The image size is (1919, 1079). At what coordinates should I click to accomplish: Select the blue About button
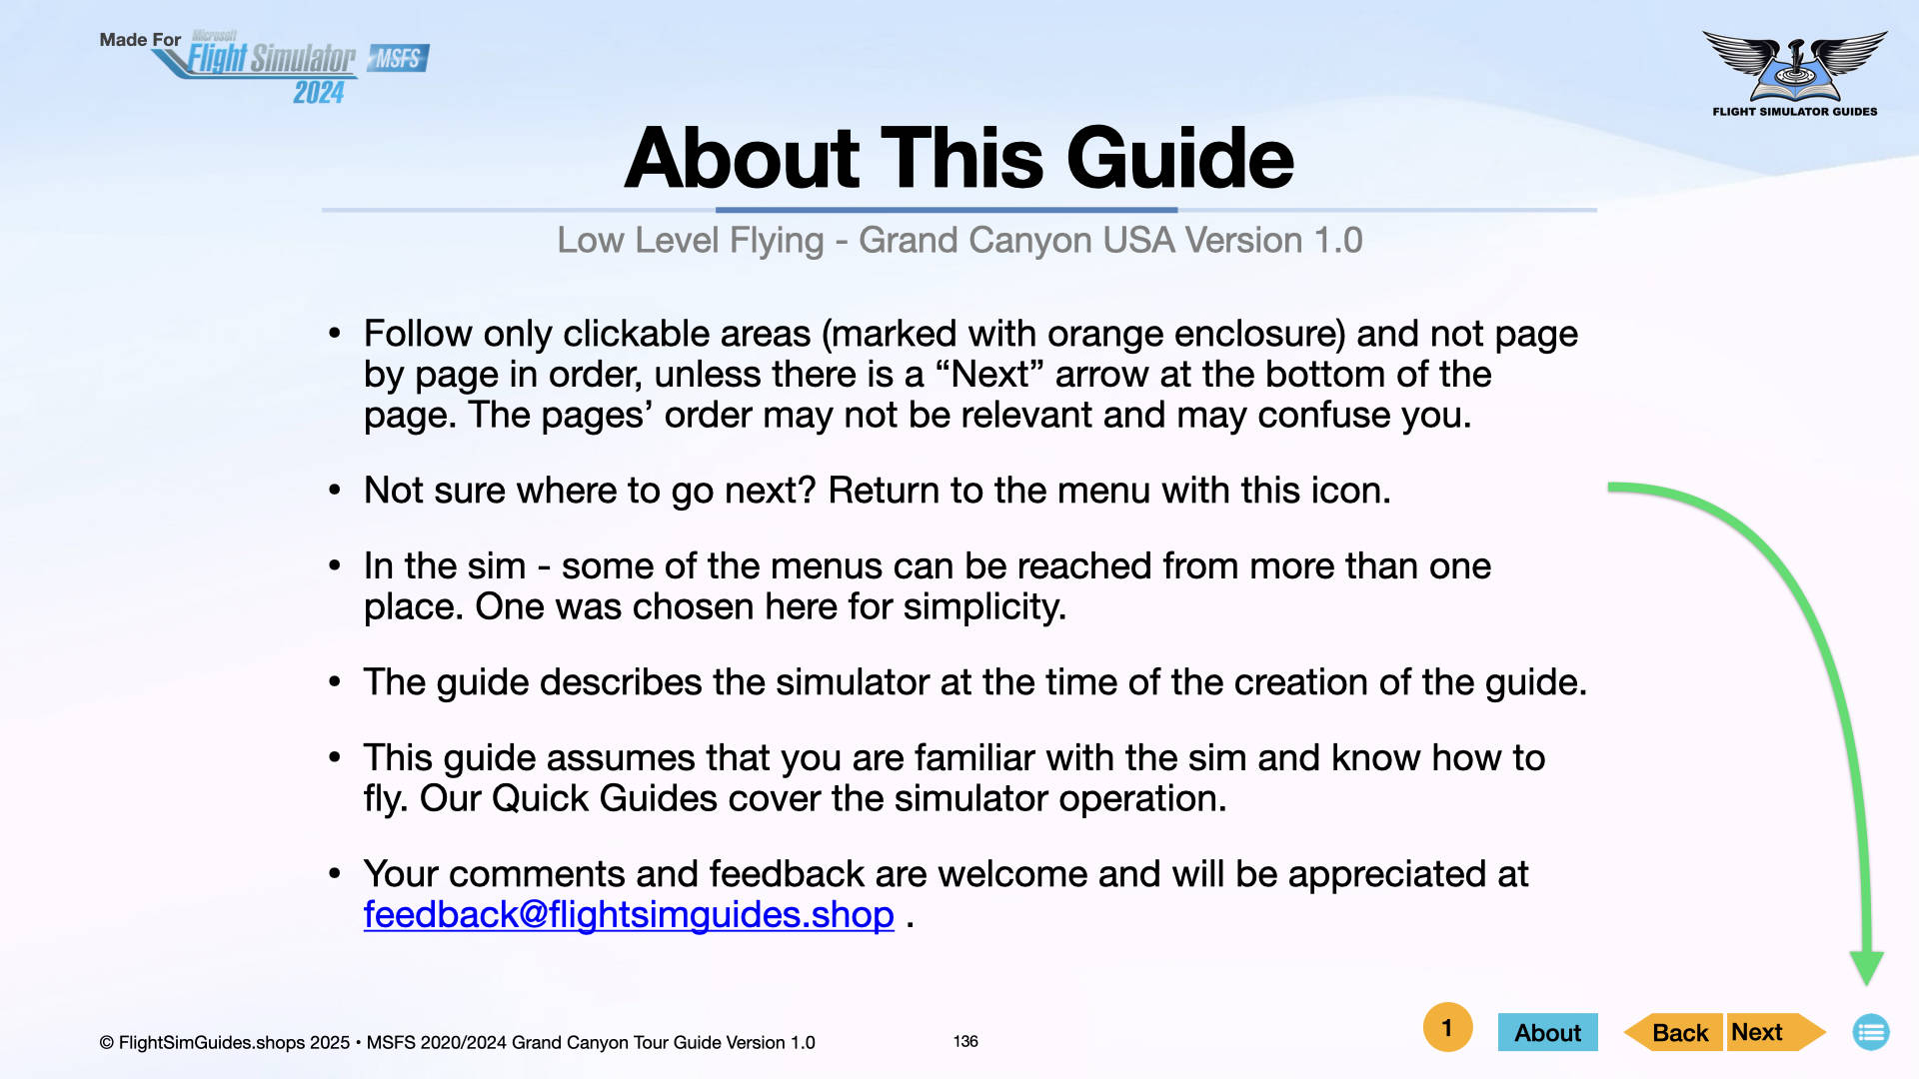[x=1547, y=1032]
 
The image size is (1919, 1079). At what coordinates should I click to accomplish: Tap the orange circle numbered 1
[x=1447, y=1027]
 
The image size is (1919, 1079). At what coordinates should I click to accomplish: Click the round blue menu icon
[x=1871, y=1032]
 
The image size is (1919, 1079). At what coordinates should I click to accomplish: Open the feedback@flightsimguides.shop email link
[x=629, y=915]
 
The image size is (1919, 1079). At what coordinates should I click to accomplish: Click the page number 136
[x=965, y=1041]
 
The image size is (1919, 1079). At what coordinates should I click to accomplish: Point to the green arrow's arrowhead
[x=1866, y=967]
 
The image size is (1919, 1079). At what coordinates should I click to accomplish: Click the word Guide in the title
[x=1180, y=158]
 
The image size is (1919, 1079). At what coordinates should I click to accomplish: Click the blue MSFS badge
[x=399, y=59]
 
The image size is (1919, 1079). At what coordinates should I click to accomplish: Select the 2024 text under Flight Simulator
[x=319, y=93]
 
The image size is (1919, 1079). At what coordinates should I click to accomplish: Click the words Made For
[x=140, y=40]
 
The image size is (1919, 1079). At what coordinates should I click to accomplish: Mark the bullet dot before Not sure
[x=335, y=491]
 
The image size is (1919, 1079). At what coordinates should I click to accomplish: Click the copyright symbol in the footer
[x=106, y=1043]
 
